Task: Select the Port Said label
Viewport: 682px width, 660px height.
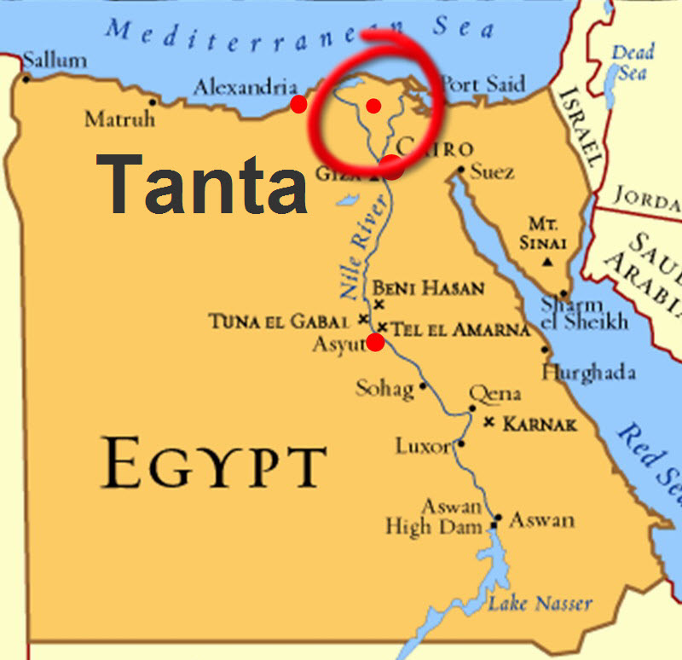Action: [x=483, y=84]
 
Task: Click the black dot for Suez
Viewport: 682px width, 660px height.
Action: [x=460, y=170]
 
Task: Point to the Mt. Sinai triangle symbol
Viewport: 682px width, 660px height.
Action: [x=546, y=261]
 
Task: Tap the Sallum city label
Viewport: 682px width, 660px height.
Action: [x=55, y=61]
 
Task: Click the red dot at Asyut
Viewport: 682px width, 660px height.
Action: [x=375, y=343]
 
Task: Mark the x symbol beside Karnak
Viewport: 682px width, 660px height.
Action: [x=488, y=423]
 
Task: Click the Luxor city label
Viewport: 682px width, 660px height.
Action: [x=424, y=445]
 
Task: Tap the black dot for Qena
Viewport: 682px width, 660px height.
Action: [x=472, y=408]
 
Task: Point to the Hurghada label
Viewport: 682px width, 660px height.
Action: [x=588, y=373]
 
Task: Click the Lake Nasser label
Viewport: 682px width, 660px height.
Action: [x=540, y=604]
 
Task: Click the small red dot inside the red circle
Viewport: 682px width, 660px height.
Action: [x=373, y=105]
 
